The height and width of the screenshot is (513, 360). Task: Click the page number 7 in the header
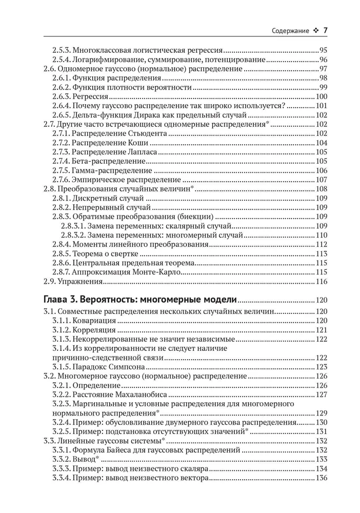(325, 31)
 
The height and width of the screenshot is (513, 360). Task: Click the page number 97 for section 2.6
(323, 69)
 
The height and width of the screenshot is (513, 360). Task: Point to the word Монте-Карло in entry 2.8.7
(156, 272)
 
